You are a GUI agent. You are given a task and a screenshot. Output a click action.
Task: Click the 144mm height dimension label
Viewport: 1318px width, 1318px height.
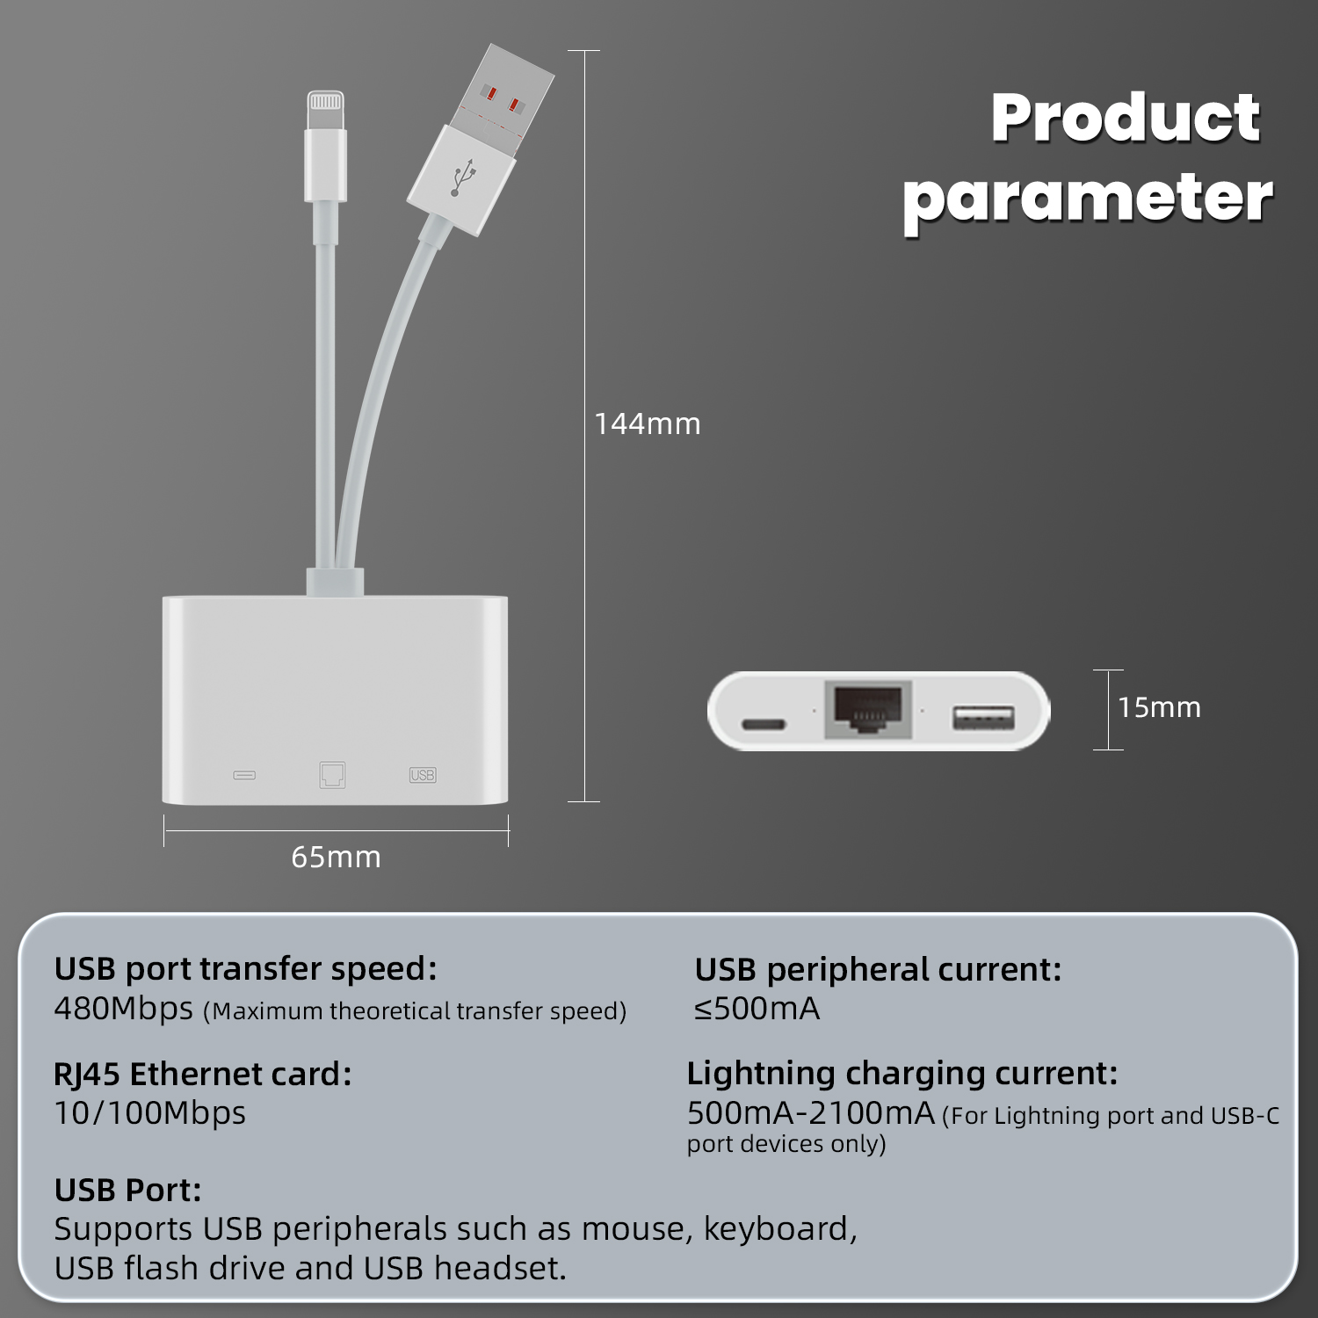point(648,424)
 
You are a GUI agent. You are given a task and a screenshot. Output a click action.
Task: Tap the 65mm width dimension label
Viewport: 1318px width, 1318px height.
point(336,857)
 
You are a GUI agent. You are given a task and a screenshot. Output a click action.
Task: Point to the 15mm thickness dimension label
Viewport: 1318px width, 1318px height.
point(1159,707)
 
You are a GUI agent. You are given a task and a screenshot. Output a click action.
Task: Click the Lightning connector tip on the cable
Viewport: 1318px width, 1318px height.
point(325,111)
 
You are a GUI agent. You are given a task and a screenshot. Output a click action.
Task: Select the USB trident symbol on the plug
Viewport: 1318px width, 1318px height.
point(463,177)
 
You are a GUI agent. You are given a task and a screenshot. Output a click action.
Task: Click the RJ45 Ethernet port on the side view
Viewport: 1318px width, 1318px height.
point(867,709)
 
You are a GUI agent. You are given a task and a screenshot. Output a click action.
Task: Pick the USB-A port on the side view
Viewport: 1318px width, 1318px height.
point(983,718)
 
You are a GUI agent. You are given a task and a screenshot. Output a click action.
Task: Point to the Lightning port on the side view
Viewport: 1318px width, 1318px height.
point(764,725)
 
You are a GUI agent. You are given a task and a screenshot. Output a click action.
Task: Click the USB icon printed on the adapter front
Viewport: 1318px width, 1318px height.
point(423,775)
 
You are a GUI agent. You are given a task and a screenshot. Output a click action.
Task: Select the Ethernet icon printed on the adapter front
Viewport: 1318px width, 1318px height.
point(332,774)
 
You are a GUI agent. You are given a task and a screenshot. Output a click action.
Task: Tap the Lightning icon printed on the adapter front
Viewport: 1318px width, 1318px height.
point(244,776)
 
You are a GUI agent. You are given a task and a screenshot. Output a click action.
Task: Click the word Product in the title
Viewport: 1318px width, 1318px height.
point(1126,118)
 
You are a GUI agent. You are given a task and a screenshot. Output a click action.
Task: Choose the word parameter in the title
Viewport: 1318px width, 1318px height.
point(1088,199)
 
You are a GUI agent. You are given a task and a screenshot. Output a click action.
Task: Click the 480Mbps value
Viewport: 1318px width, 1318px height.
point(123,1009)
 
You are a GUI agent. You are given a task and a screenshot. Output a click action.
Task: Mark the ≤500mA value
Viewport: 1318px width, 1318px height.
point(757,1009)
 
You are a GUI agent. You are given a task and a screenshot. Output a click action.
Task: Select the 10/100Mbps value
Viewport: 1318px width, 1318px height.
point(149,1113)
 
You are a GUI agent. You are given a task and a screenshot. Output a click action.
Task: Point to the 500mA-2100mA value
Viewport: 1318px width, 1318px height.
point(810,1113)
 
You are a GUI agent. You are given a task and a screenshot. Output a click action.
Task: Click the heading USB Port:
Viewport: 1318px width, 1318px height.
point(127,1190)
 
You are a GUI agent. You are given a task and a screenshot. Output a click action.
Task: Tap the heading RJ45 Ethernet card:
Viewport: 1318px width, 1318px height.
point(203,1075)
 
